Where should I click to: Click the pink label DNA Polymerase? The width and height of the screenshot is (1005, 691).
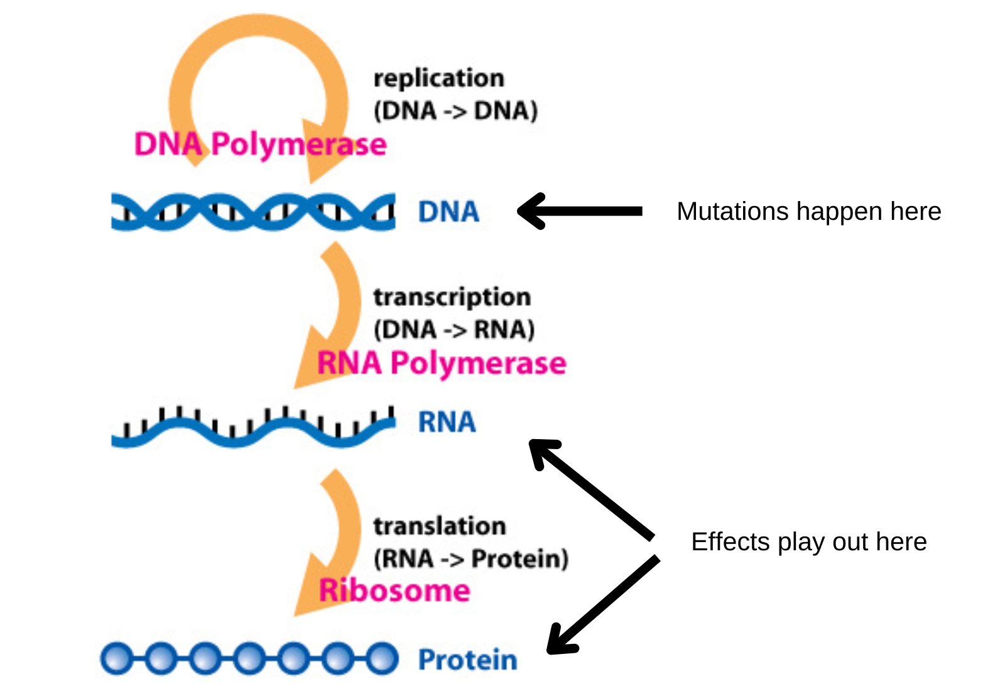coord(261,145)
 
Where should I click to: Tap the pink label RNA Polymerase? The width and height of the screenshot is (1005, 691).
coord(442,364)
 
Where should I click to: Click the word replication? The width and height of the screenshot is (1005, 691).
coord(439,79)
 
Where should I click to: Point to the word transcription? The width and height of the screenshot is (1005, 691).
coord(452,298)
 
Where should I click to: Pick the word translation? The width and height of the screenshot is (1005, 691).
coord(440,526)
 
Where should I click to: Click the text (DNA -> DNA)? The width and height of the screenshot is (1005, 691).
coord(456,111)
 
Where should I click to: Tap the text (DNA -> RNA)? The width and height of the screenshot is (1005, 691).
coord(455,330)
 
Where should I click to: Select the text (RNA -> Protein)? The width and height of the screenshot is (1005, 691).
coord(471,559)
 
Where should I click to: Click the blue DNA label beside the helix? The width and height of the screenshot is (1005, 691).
coord(448,212)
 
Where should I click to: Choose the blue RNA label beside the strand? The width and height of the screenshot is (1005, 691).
coord(447,422)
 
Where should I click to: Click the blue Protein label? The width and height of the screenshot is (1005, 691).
coord(468,660)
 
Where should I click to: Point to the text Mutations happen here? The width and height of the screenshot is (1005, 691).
coord(809,211)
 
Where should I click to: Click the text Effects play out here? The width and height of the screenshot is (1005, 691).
coord(809,542)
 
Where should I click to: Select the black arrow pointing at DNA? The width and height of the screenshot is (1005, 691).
coord(580,211)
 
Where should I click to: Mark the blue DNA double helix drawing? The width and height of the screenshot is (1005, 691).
coord(254,212)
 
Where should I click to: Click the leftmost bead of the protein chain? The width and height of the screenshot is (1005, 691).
coord(116,659)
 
